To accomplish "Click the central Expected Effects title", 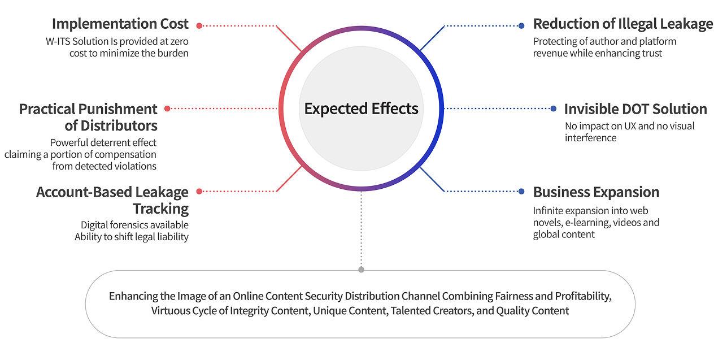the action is [x=361, y=109].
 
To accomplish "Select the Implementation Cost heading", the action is [x=120, y=24].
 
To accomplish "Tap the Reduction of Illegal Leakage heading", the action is [x=623, y=24].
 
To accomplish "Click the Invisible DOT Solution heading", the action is [x=635, y=109].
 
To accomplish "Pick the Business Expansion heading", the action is [x=596, y=192].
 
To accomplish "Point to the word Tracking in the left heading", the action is [x=160, y=209].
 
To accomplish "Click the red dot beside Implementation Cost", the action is [x=199, y=26].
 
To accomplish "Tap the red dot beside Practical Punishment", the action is [x=167, y=109].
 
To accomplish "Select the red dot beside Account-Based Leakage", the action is [x=199, y=192].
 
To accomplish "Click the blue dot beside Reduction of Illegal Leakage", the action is [x=521, y=26].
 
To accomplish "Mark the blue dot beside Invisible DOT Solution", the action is [x=554, y=109].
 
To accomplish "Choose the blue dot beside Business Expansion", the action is [x=521, y=192].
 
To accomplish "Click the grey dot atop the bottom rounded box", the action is [x=361, y=270].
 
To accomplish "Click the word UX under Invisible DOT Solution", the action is [x=630, y=126].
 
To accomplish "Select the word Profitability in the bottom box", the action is [x=584, y=296].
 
